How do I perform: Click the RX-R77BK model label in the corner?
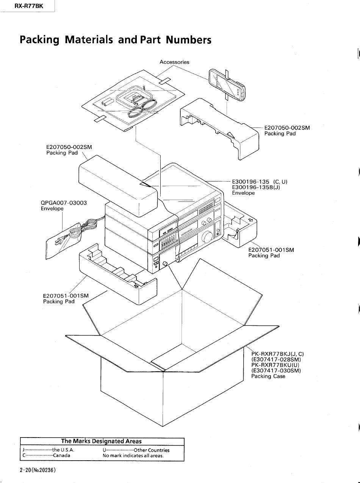click(x=29, y=6)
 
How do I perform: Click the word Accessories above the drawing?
click(x=174, y=62)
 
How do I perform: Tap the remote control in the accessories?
click(x=227, y=85)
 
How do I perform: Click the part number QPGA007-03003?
click(x=64, y=203)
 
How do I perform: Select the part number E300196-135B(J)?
click(x=256, y=187)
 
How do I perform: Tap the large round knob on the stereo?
click(x=207, y=237)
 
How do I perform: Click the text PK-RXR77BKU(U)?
click(x=275, y=365)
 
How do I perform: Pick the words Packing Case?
click(x=268, y=376)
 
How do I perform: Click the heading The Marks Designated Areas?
click(x=101, y=441)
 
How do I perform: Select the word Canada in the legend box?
click(x=62, y=455)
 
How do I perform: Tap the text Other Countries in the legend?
click(x=152, y=450)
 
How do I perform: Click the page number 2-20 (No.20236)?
click(x=38, y=470)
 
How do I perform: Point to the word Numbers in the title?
click(x=188, y=40)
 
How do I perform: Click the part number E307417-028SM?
click(x=276, y=359)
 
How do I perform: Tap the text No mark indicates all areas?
click(x=133, y=456)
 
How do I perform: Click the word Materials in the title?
click(x=89, y=40)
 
